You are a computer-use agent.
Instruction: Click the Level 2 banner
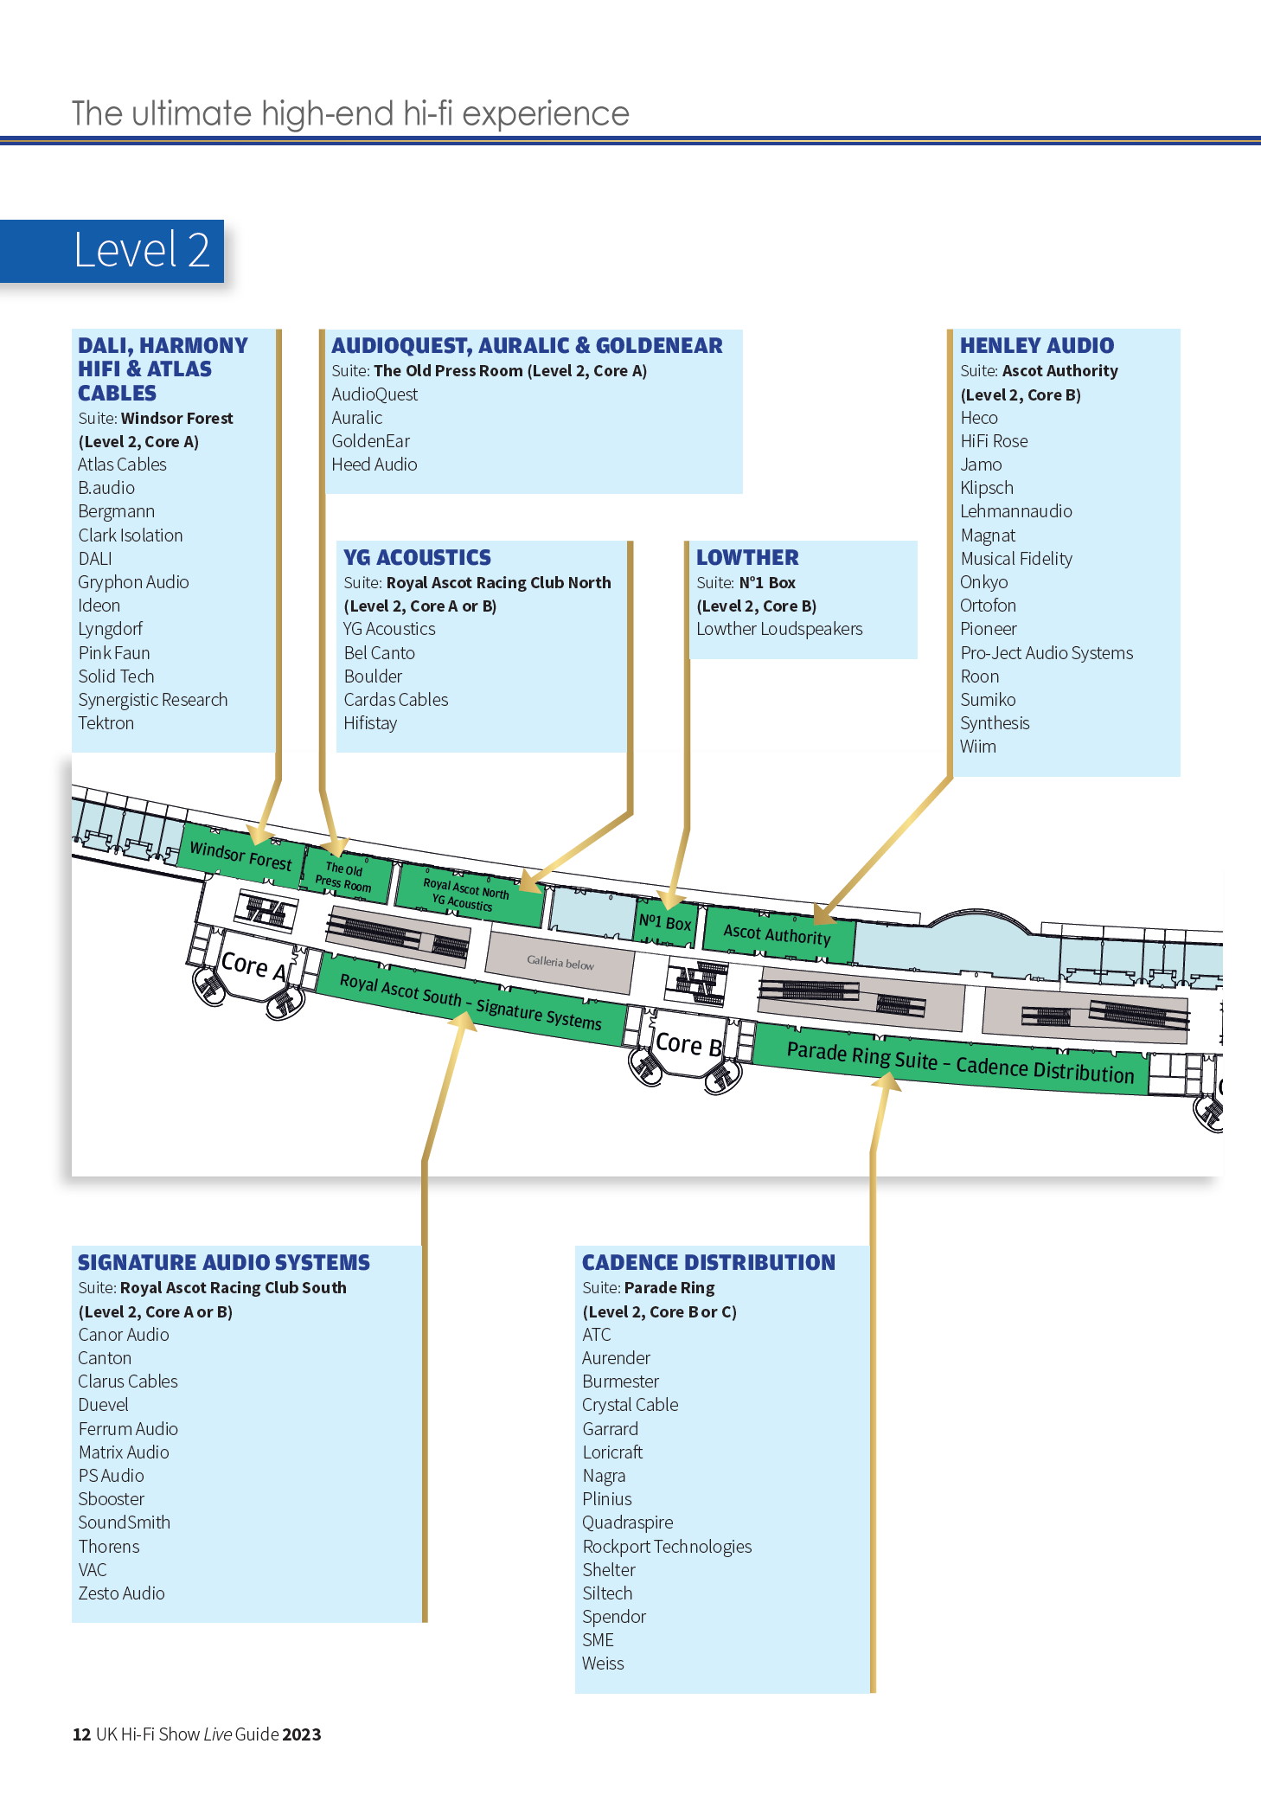click(112, 251)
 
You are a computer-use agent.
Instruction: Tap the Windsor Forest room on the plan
click(241, 856)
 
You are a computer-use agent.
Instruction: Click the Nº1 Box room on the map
click(665, 922)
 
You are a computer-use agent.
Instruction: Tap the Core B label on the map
click(688, 1044)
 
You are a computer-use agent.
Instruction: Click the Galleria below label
click(560, 962)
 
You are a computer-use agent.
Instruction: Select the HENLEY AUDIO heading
click(1037, 345)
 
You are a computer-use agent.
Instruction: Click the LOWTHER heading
click(747, 557)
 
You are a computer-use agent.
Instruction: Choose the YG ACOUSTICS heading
click(417, 557)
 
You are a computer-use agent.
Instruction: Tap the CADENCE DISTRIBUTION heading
click(708, 1262)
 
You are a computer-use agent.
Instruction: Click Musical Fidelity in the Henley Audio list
click(1016, 559)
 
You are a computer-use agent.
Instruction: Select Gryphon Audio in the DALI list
click(133, 582)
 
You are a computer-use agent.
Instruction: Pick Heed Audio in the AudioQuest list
click(374, 465)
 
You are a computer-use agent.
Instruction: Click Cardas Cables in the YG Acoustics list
click(396, 700)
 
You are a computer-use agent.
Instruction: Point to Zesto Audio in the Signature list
click(121, 1593)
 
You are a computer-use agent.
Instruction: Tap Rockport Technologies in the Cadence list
click(667, 1547)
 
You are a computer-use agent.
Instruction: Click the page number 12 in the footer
click(81, 1734)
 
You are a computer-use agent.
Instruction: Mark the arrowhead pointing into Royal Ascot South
click(464, 1022)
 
